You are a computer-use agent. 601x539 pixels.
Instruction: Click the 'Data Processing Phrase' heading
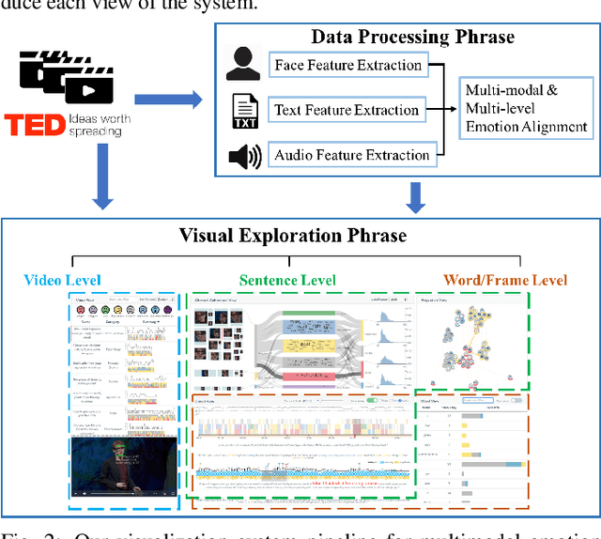pos(413,38)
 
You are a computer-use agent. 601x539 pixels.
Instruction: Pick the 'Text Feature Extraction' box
pos(347,110)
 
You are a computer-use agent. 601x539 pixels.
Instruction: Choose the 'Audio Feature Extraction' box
pos(350,155)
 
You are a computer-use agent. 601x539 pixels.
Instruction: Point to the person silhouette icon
pos(243,67)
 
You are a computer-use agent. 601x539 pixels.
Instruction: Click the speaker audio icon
pos(244,156)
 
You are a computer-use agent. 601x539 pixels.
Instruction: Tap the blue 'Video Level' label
pos(62,280)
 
